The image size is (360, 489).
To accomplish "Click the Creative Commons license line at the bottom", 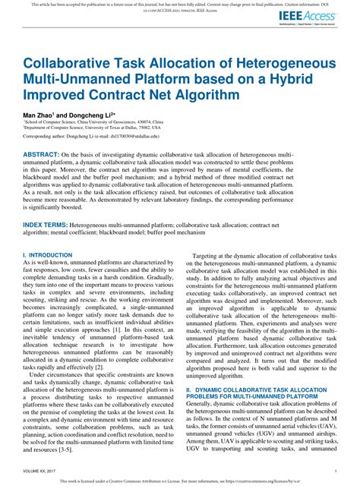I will click(x=180, y=481).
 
